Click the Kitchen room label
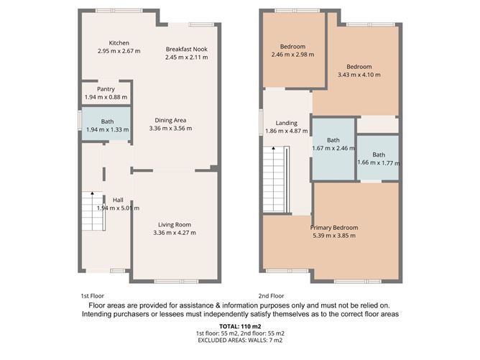tap(114, 43)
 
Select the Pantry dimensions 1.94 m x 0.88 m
tap(106, 97)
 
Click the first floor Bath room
tap(106, 126)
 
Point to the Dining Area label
tap(170, 120)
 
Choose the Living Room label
tap(174, 224)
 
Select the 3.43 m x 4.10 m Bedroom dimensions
tap(359, 74)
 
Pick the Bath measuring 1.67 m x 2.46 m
tap(333, 148)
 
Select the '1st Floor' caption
tap(93, 295)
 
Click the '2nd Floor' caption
tap(271, 295)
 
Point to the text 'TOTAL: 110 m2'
tap(240, 327)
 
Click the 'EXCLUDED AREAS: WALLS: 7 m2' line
tap(240, 340)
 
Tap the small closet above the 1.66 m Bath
tap(378, 124)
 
